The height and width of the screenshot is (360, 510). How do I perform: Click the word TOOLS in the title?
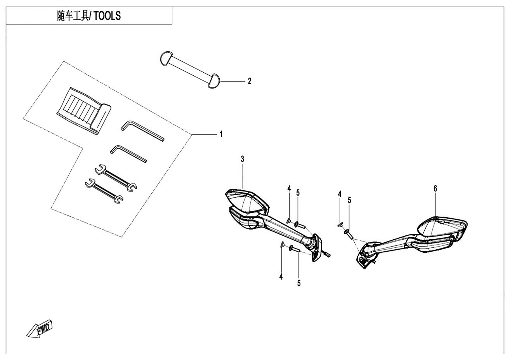(x=107, y=16)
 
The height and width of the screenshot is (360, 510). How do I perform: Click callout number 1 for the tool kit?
(x=221, y=134)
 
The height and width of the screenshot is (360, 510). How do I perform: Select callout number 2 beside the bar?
(x=250, y=81)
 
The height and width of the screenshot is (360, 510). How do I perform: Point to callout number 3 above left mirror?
(x=243, y=159)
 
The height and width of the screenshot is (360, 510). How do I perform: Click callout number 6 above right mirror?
(x=435, y=188)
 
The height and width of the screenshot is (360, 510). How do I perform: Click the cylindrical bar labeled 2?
(x=190, y=68)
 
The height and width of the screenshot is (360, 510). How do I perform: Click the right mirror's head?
(x=442, y=230)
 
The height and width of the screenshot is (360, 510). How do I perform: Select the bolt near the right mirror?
(x=349, y=234)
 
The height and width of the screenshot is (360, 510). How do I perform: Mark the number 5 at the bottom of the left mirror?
(x=299, y=283)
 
